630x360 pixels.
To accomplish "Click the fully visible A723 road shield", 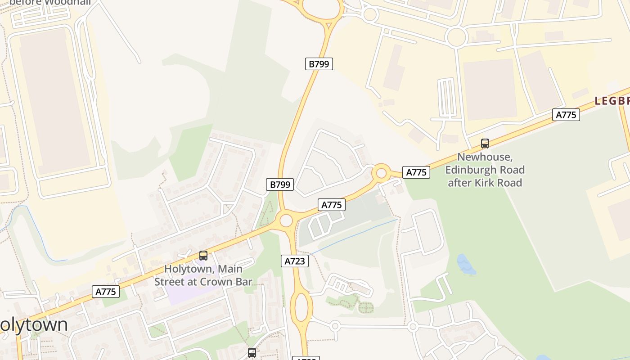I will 295,261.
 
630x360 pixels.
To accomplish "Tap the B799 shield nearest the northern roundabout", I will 319,64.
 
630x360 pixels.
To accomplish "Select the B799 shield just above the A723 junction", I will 280,184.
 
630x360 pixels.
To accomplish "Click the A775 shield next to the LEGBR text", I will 566,115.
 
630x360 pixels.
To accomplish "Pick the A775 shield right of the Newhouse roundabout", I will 416,172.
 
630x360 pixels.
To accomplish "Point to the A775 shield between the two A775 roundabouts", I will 332,205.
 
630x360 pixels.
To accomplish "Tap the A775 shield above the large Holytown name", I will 106,292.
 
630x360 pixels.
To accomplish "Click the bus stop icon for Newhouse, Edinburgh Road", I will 485,144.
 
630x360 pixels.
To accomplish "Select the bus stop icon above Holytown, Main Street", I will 203,256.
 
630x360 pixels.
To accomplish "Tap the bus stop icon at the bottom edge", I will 252,353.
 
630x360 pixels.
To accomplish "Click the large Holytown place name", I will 34,325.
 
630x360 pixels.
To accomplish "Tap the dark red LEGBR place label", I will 612,101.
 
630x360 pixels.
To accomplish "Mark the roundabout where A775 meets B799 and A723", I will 286,220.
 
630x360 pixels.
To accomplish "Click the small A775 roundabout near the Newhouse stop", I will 381,173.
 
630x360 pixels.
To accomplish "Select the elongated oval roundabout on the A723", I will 301,307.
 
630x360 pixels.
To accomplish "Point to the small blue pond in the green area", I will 466,265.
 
